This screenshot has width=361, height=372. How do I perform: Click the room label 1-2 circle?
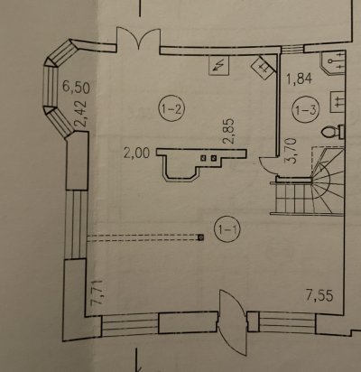coord(171,109)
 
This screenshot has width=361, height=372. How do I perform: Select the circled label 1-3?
coord(306,110)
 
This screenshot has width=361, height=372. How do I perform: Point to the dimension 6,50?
coord(76,88)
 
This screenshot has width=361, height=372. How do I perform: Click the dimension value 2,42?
coord(81,114)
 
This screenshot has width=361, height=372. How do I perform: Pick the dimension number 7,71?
coord(97,293)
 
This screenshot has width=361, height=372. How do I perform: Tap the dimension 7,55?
coord(319,295)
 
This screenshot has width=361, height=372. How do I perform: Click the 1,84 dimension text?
coord(299,79)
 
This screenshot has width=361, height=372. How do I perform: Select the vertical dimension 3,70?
coord(292,150)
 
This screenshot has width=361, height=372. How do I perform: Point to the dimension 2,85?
coord(229,131)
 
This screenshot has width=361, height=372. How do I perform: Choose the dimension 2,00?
coord(136,153)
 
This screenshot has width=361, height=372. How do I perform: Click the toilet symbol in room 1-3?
coord(333,132)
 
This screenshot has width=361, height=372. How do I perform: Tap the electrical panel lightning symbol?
coord(219,66)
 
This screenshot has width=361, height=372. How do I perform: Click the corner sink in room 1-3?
coord(332,63)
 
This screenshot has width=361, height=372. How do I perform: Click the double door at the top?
coord(138,39)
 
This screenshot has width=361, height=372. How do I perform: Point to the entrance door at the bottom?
coord(233,322)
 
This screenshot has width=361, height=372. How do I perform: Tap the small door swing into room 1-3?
coord(268,167)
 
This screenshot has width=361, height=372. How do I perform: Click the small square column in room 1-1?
coord(200,237)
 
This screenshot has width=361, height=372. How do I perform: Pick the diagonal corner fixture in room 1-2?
coord(264,67)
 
